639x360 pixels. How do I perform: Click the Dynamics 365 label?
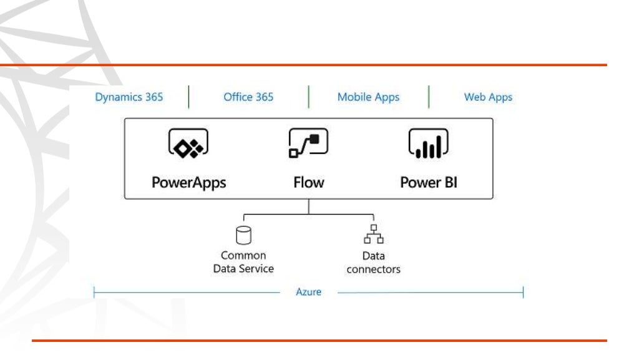tap(129, 97)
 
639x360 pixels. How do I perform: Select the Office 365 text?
tap(248, 97)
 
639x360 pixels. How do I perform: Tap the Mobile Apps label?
tap(368, 97)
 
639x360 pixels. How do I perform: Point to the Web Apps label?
tap(488, 97)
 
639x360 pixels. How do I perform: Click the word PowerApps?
tap(188, 183)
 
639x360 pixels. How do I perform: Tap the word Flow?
tap(309, 183)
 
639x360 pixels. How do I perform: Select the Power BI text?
tap(429, 183)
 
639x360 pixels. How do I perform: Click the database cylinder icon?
tap(243, 235)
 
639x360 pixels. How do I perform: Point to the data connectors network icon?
tap(374, 235)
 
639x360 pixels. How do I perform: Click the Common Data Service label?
tap(243, 262)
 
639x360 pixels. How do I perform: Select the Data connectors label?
tap(374, 262)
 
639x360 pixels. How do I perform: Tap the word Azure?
tap(308, 292)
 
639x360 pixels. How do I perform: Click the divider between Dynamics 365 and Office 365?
tap(188, 97)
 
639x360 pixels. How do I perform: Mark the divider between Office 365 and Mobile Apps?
tap(308, 97)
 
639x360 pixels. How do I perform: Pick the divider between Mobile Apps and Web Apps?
tap(429, 97)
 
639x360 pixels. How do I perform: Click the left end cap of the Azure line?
tap(94, 292)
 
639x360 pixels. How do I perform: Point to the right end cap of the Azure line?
tap(523, 292)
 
